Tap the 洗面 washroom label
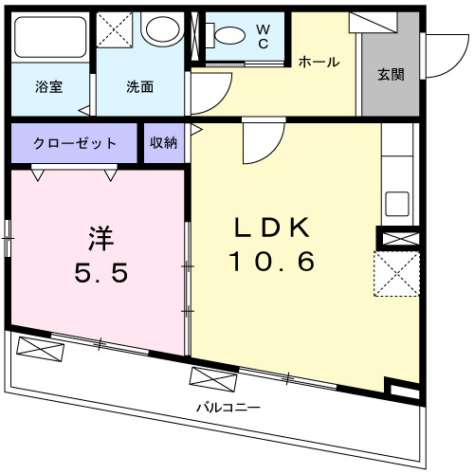click(139, 85)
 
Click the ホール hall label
click(319, 62)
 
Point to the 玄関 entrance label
click(391, 75)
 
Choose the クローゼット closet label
click(75, 143)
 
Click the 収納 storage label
click(163, 143)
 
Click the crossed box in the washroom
click(117, 28)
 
